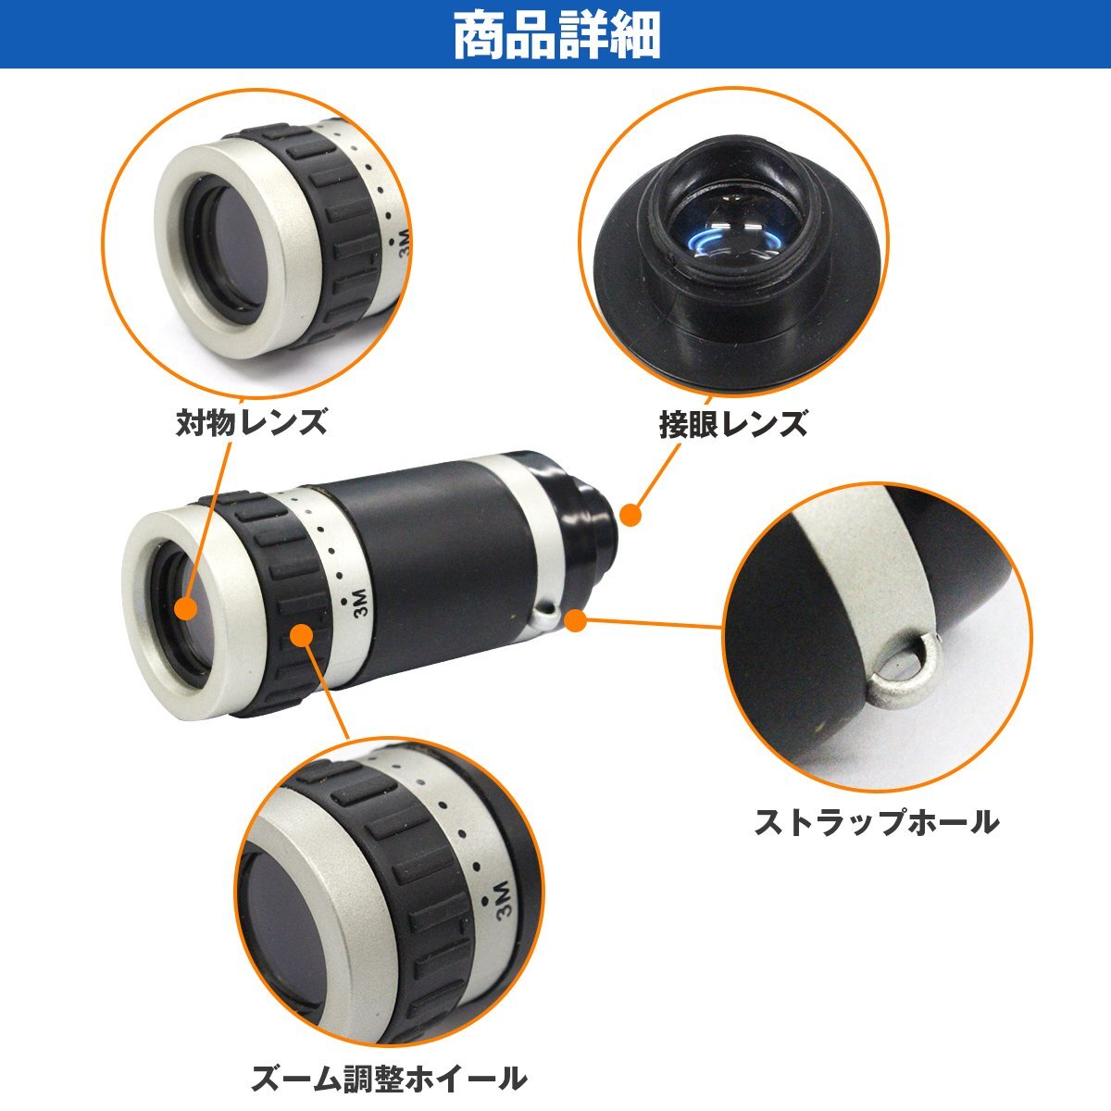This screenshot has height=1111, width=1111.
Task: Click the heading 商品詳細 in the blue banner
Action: tap(556, 35)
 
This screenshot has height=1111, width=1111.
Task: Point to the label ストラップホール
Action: tap(876, 821)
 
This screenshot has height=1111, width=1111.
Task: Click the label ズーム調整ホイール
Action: tap(389, 1077)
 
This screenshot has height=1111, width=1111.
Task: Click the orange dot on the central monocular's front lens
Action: tap(186, 608)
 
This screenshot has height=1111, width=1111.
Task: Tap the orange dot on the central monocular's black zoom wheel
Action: tap(301, 635)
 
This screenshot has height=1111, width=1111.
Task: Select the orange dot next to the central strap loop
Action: tap(576, 620)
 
